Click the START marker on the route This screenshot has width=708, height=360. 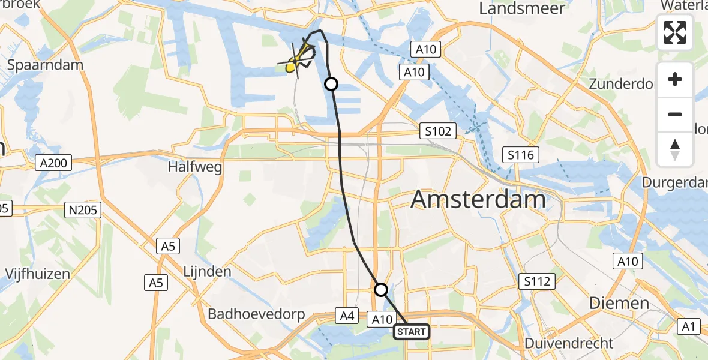[412, 331]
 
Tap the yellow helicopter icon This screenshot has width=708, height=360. [296, 60]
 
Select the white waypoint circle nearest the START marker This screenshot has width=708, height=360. [381, 290]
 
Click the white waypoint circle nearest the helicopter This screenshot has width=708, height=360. [331, 84]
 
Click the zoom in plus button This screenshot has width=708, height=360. [675, 79]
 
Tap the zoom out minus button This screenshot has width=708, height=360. [675, 114]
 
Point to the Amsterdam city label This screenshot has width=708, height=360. [478, 199]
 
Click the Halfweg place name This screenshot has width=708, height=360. [194, 167]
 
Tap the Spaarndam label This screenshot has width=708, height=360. [45, 65]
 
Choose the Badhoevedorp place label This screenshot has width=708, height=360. [256, 314]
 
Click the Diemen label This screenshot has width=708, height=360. [619, 303]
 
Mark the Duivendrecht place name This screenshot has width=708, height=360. [569, 343]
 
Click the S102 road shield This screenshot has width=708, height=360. [438, 131]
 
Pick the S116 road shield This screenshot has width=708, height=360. [522, 155]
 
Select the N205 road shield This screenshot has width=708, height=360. [83, 209]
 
